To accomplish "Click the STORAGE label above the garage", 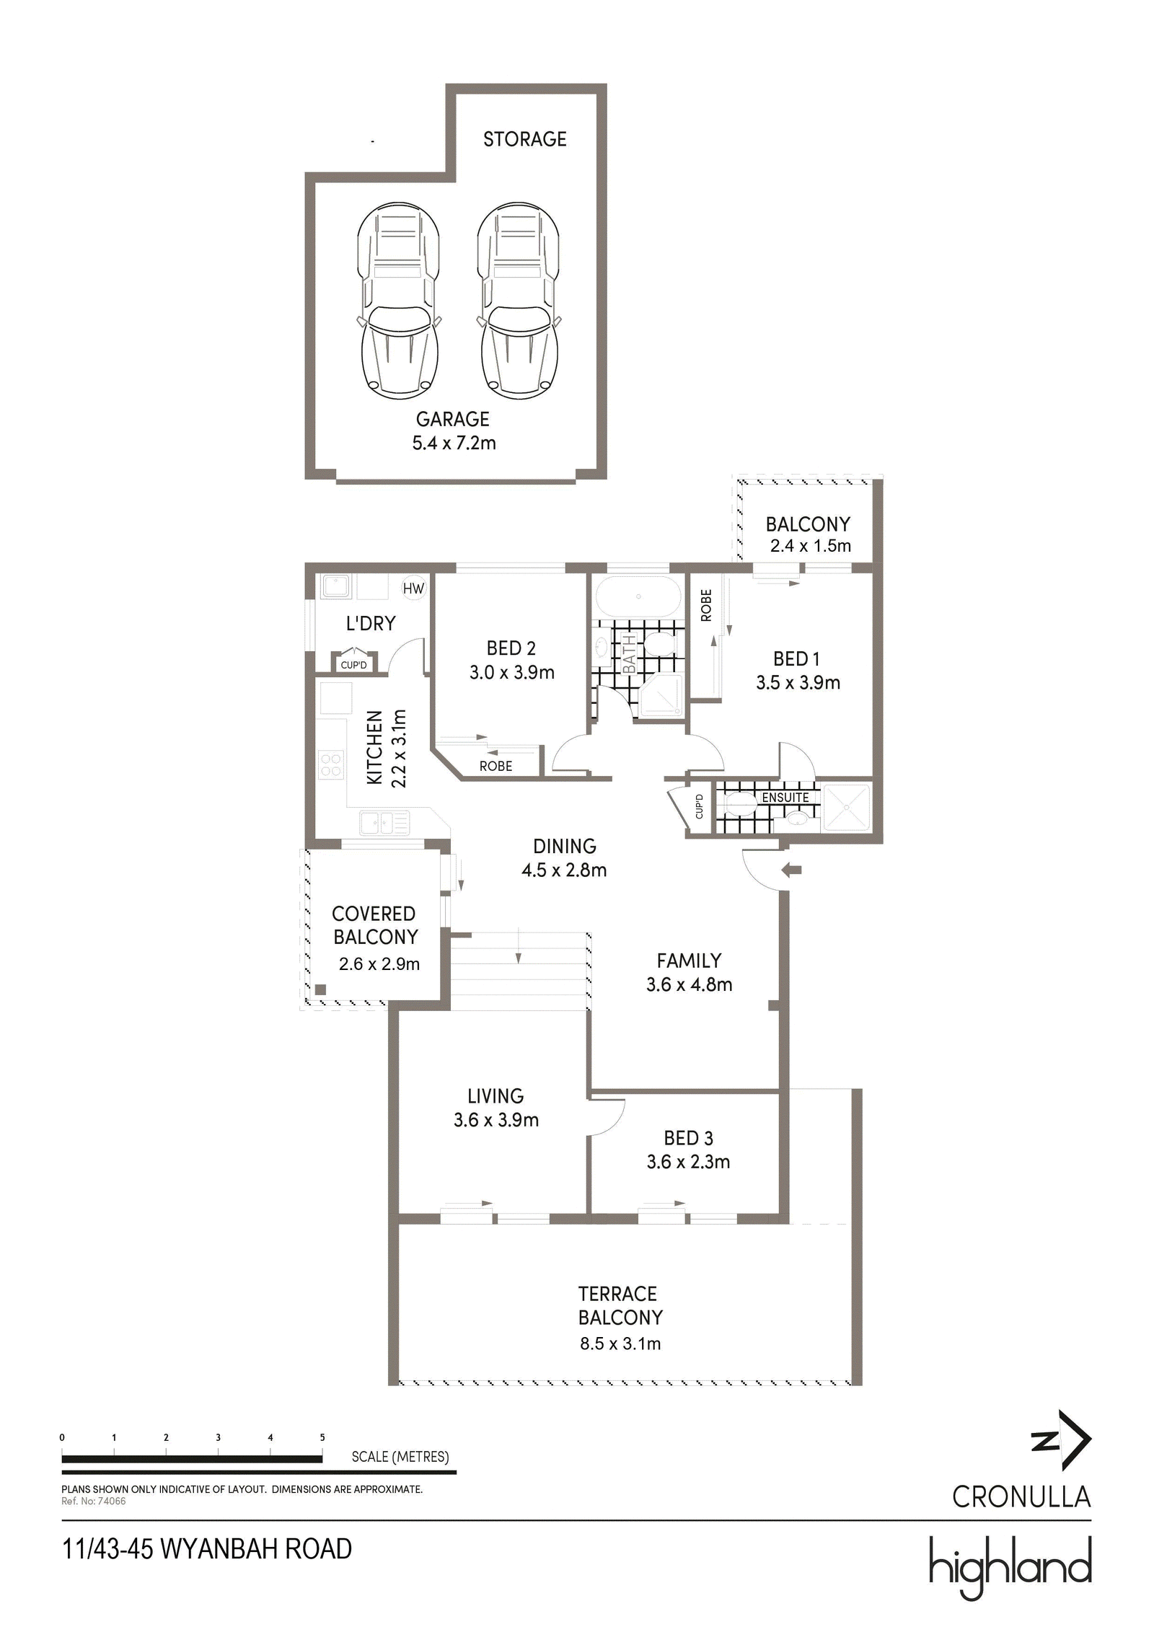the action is [x=524, y=139].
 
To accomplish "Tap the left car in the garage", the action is [x=399, y=300].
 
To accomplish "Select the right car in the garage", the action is [x=519, y=300].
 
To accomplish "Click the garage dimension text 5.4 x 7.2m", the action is [x=454, y=443].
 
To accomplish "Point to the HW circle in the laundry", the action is [x=413, y=588].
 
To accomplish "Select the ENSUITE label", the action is [x=785, y=798].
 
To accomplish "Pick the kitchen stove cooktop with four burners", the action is [x=331, y=764].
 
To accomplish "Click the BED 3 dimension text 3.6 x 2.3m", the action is [x=688, y=1162].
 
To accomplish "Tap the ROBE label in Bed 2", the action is [x=495, y=766].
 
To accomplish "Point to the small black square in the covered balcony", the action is [x=321, y=989].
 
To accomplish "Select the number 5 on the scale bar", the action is [x=322, y=1437].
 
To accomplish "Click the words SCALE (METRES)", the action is [x=400, y=1457].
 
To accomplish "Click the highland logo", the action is [x=1010, y=1567].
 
